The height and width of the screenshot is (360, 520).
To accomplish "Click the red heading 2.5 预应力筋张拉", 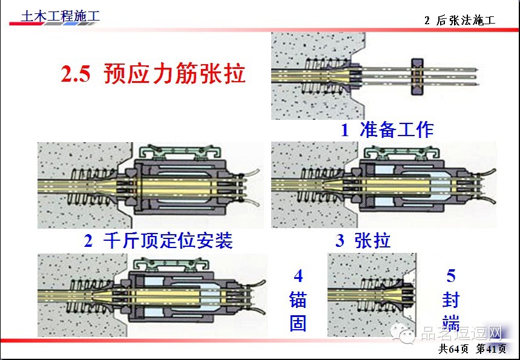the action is (x=153, y=73).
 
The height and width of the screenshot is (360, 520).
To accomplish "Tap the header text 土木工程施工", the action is (x=60, y=16).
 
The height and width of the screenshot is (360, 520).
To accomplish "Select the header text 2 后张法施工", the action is (x=459, y=20).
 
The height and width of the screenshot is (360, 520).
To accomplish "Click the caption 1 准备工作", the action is (x=387, y=129).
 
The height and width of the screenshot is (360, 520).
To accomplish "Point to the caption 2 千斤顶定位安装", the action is (x=158, y=240).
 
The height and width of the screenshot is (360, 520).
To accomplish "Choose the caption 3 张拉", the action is (x=363, y=240).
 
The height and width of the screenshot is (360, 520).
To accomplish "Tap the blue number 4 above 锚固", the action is (x=298, y=276).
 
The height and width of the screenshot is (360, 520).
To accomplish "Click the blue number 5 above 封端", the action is (x=451, y=276).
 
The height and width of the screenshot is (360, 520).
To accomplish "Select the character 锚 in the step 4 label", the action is (x=298, y=299).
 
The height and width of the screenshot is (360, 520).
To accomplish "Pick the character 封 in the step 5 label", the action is (x=451, y=299).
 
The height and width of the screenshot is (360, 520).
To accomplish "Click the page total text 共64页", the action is (x=453, y=349).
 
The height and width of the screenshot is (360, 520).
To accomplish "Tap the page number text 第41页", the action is (x=491, y=349).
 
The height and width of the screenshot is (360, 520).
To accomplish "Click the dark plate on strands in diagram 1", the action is (x=417, y=77).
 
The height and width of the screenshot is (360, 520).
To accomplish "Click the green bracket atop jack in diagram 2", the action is (x=180, y=152).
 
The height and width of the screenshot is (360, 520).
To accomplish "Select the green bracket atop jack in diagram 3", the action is (x=403, y=153).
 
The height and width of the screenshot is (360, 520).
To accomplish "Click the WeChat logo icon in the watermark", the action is (x=403, y=334).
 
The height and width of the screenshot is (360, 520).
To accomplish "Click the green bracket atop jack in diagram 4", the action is (x=171, y=264).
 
